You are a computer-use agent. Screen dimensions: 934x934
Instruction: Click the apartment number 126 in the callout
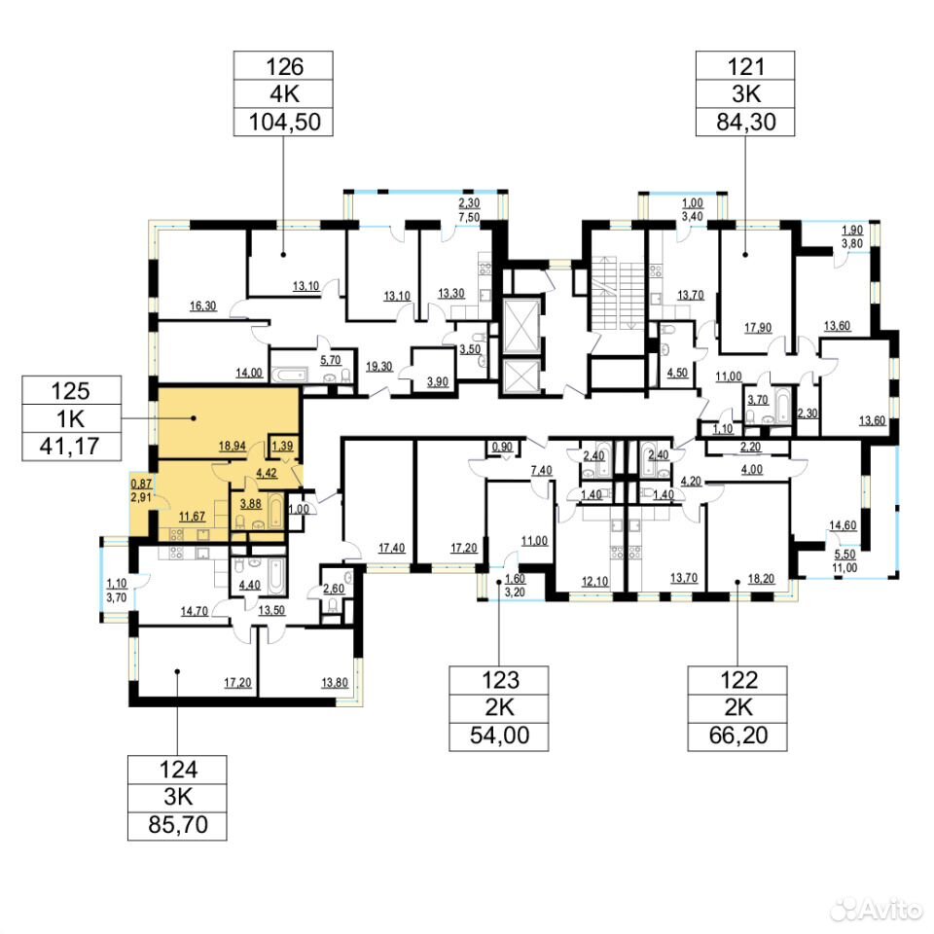(x=284, y=67)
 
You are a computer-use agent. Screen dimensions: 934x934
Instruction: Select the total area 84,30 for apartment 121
(x=746, y=122)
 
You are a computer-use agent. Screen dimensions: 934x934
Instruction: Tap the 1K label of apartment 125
(x=70, y=418)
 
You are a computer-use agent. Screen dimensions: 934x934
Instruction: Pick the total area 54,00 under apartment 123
(x=499, y=736)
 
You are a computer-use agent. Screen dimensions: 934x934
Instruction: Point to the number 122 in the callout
(x=738, y=680)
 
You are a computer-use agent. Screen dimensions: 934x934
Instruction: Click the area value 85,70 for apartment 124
(x=178, y=824)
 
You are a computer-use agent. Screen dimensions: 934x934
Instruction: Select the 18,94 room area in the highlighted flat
(x=233, y=446)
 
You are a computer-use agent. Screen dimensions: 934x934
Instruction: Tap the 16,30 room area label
(x=203, y=306)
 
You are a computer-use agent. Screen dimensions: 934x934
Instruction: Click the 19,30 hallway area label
(x=379, y=367)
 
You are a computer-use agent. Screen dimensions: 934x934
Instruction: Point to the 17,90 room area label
(x=758, y=328)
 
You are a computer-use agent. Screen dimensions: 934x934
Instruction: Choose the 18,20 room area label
(x=761, y=578)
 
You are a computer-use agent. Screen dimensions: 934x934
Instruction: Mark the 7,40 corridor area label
(x=542, y=471)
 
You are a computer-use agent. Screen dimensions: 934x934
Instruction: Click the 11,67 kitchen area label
(x=192, y=517)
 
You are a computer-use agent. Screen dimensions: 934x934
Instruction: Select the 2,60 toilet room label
(x=334, y=589)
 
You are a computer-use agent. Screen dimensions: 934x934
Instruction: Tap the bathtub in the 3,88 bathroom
(x=275, y=510)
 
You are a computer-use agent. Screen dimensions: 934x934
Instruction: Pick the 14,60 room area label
(x=843, y=525)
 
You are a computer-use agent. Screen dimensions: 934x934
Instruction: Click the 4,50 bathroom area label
(x=677, y=373)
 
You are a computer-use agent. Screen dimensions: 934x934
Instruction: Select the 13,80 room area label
(x=335, y=683)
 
